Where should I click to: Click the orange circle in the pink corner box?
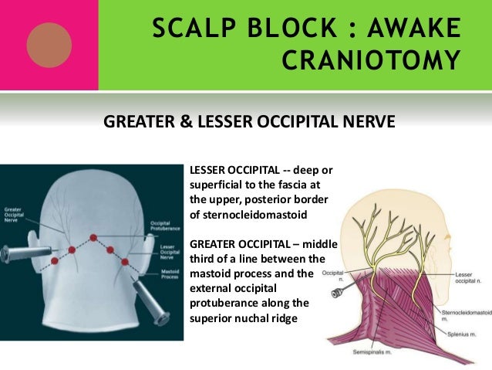click(x=49, y=45)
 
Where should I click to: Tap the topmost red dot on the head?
click(x=93, y=236)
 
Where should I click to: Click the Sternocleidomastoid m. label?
click(x=464, y=314)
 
